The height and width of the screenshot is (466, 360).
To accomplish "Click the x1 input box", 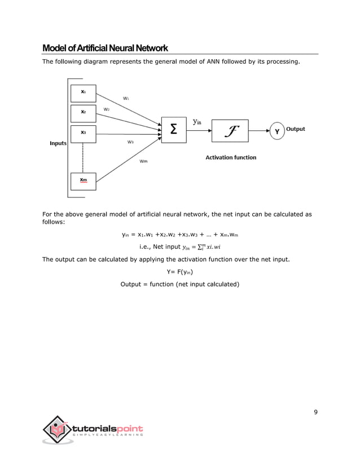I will [x=83, y=93].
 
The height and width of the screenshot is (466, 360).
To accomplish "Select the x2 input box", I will [x=83, y=113].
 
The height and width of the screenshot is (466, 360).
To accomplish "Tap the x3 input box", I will [x=83, y=133].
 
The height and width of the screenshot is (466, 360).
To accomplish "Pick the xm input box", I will [x=83, y=181].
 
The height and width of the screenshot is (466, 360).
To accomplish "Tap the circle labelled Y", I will [x=276, y=131].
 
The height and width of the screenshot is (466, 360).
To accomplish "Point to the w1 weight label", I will [x=126, y=98].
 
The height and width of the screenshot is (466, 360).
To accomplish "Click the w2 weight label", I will [x=106, y=108].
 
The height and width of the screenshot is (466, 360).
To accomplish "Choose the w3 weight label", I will [x=130, y=142].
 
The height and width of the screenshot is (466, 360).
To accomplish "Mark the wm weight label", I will [x=143, y=161].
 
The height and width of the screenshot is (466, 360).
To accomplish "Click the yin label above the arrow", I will [x=197, y=121].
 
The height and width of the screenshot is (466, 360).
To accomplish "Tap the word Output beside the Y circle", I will [x=295, y=129].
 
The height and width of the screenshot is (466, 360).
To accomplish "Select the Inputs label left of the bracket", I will [x=58, y=143].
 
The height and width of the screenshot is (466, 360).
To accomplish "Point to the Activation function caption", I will [x=230, y=157].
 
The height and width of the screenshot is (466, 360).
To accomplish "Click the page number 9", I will [x=316, y=412].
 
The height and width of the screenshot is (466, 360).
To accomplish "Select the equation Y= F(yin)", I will [x=180, y=272].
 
